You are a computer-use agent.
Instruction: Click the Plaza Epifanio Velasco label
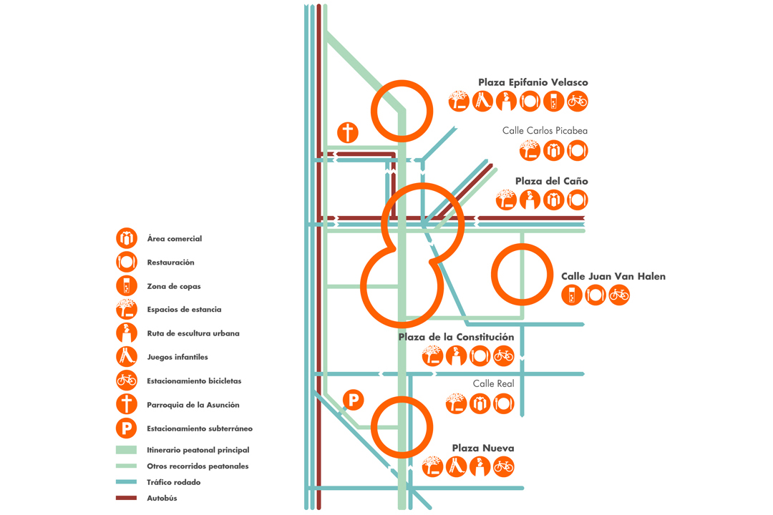point(533,82)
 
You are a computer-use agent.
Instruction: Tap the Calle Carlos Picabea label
point(545,131)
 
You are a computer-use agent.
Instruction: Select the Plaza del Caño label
point(551,181)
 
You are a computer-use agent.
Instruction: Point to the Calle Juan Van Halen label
point(613,276)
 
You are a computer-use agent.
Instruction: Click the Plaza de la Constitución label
point(456,337)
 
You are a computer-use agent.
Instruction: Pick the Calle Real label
point(494,384)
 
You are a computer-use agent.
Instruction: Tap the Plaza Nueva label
point(482,448)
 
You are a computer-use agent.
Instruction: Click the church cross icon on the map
point(348,132)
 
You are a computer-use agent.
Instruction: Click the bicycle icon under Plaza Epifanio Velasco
point(578,102)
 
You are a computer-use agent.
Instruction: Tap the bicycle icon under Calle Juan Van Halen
point(619,294)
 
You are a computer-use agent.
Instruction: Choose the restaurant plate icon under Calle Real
point(503,403)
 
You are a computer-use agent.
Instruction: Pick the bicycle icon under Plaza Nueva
point(503,467)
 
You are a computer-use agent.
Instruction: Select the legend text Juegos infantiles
point(177,357)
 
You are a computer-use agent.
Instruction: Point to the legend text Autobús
point(162,498)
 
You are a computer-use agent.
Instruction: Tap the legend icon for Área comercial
point(127,238)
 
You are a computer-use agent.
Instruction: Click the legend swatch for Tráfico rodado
point(126,482)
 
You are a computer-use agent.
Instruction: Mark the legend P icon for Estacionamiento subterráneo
point(127,428)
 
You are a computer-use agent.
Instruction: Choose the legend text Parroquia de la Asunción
point(193,405)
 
